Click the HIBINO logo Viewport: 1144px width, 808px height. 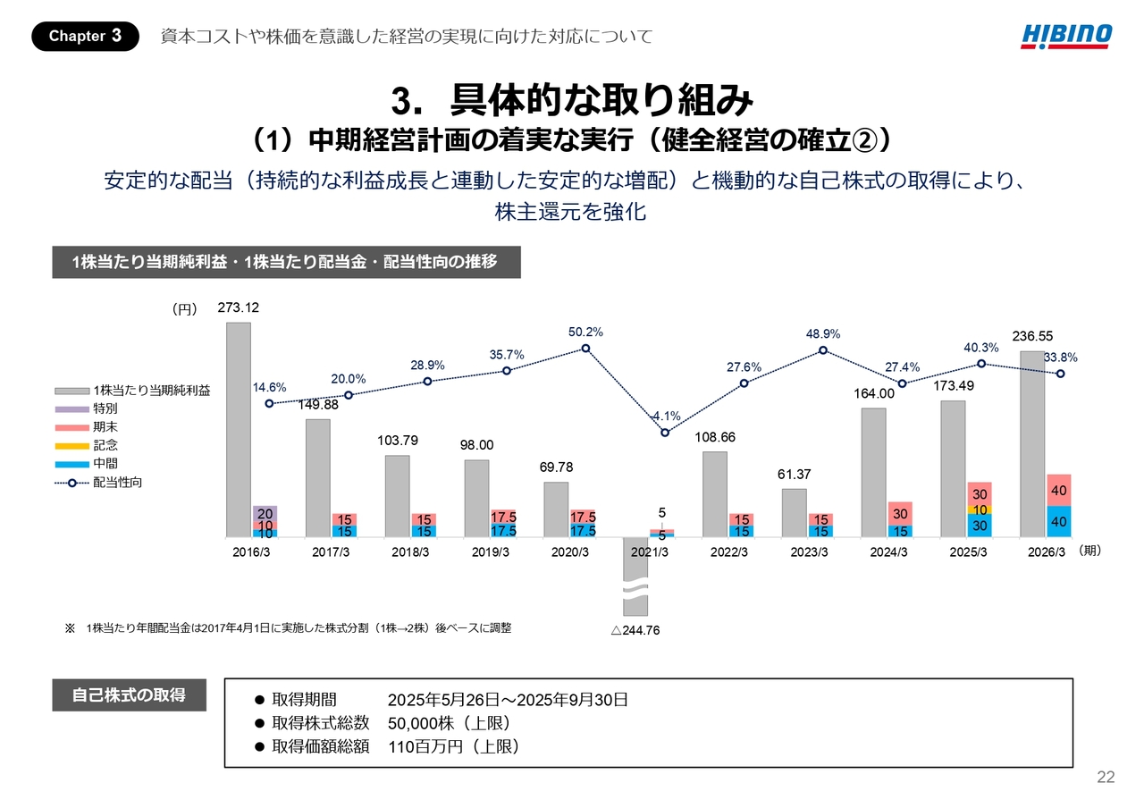[x=1067, y=36]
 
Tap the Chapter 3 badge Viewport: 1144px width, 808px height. [x=85, y=36]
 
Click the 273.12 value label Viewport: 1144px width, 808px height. [x=239, y=307]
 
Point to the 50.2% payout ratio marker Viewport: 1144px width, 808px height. [x=585, y=348]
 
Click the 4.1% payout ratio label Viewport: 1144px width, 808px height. [x=667, y=416]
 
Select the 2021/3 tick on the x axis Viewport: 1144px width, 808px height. [x=649, y=551]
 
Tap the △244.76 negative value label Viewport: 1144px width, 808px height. [x=635, y=630]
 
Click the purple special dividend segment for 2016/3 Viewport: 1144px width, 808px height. [x=265, y=513]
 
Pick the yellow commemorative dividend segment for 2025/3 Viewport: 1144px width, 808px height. [x=980, y=509]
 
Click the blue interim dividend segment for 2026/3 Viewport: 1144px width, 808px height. [x=1059, y=521]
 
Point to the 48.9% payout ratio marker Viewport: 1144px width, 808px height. [x=823, y=350]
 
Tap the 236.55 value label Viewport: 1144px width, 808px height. [x=1033, y=336]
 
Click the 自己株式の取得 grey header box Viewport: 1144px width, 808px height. [x=129, y=694]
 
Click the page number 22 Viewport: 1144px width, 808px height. [x=1106, y=778]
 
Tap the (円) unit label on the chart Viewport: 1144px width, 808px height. [x=184, y=309]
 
